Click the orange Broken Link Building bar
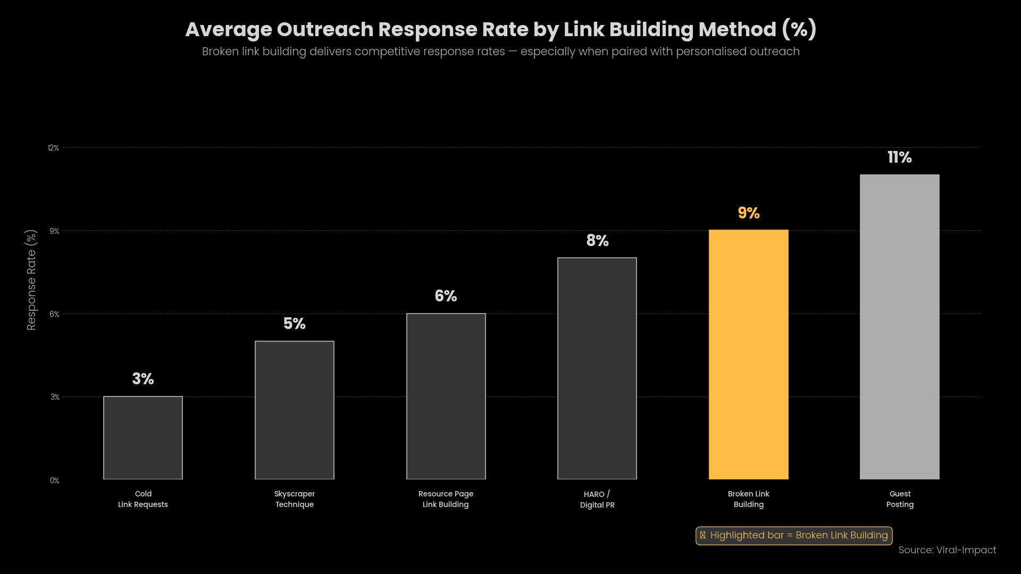pos(748,354)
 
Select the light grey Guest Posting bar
pos(899,327)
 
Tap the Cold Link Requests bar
pos(143,437)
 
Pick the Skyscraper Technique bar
pos(295,410)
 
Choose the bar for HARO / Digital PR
pos(597,368)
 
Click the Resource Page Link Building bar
pos(446,396)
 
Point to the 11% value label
pos(899,157)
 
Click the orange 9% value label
pos(748,213)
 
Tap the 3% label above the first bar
pos(143,379)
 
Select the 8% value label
pos(597,241)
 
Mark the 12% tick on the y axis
pos(53,148)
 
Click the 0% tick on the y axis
pos(54,480)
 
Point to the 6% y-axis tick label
pos(54,314)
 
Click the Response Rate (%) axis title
pos(31,280)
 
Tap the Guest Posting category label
pos(900,499)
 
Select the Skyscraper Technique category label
pos(295,499)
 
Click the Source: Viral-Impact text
pos(947,550)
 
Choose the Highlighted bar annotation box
pos(793,535)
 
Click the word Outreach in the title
pos(325,30)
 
